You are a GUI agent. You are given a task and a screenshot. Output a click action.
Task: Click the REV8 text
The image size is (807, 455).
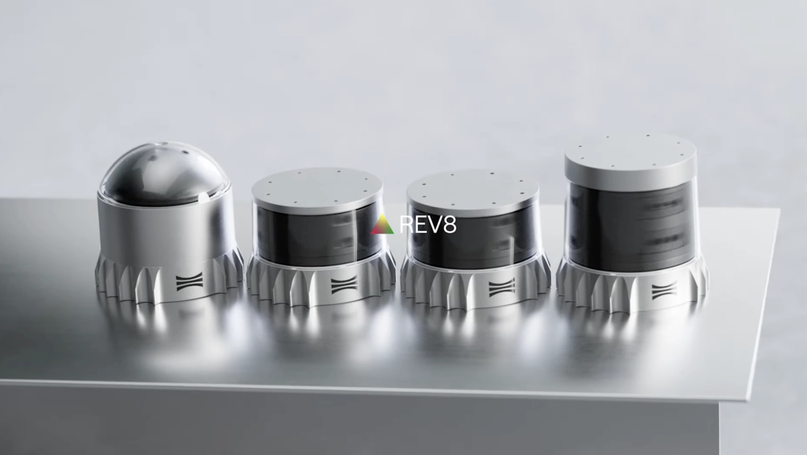coord(428,224)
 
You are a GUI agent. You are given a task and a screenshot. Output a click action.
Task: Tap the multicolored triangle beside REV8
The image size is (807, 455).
coord(383,224)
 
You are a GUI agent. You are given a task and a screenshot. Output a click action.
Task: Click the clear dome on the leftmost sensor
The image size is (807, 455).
coord(165,175)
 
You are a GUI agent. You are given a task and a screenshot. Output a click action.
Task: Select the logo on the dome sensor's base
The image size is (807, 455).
coord(190,282)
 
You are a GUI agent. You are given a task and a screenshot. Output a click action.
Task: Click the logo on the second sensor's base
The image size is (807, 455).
coord(344,284)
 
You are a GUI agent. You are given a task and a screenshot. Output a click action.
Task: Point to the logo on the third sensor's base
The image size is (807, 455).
coord(502,288)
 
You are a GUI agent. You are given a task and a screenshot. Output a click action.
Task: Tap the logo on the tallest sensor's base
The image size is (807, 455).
coord(664,291)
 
